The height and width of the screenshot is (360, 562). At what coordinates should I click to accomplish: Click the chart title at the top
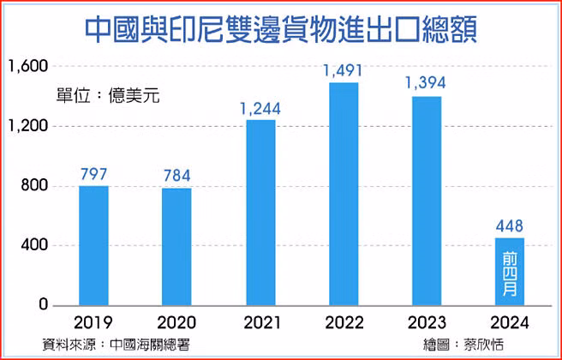tap(281, 29)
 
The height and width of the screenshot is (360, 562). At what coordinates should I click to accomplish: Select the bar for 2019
tap(93, 245)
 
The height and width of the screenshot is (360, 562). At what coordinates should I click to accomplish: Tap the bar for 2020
tap(176, 247)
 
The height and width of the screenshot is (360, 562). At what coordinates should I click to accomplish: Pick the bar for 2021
tap(260, 213)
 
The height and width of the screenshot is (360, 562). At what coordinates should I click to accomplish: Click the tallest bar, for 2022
tap(344, 194)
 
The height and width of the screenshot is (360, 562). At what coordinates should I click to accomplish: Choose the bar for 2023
tap(427, 201)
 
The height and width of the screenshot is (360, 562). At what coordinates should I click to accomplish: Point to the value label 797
tap(93, 174)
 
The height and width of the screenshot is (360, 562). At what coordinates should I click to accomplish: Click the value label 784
tap(176, 177)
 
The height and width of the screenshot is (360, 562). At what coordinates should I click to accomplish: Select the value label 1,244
tap(260, 108)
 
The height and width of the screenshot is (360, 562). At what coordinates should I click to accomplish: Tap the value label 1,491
tap(344, 70)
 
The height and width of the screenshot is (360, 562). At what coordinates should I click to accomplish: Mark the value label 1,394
tap(427, 84)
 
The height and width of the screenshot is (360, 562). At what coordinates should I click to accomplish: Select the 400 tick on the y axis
tap(34, 246)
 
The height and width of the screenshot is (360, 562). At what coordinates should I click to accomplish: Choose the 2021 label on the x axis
tap(260, 323)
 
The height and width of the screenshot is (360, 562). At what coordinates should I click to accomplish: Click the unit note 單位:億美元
tap(108, 94)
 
